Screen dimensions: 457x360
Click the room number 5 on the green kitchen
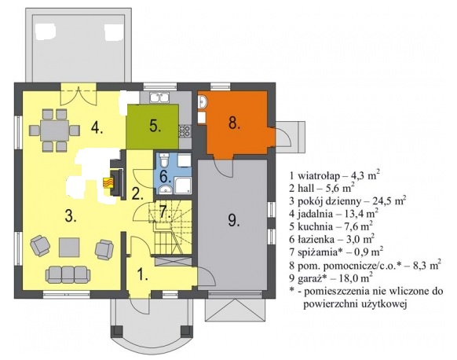click(x=155, y=126)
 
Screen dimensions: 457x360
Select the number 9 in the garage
click(x=234, y=220)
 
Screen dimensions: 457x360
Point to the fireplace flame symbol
click(x=107, y=183)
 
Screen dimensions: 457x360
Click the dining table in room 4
click(x=54, y=130)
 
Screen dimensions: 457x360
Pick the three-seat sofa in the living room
click(x=68, y=274)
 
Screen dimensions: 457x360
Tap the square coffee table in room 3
click(x=69, y=248)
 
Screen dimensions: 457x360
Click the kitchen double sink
click(x=159, y=97)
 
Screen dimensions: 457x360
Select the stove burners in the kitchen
click(x=185, y=131)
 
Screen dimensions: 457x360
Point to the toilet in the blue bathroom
click(x=164, y=160)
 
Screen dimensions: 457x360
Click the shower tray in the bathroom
click(x=183, y=186)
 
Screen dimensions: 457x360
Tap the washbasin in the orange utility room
click(x=203, y=101)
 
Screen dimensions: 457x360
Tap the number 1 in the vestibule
click(x=143, y=274)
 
